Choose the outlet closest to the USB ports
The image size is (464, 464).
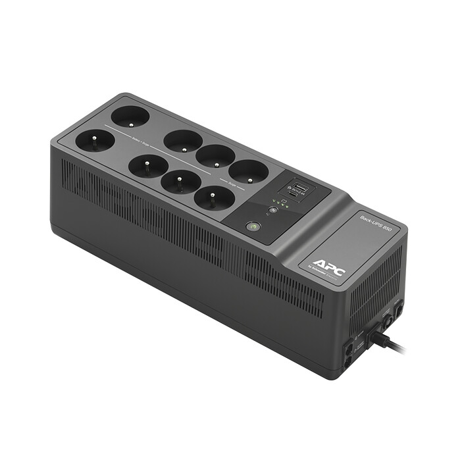click(x=248, y=172)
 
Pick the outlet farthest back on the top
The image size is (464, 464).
click(x=130, y=117)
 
